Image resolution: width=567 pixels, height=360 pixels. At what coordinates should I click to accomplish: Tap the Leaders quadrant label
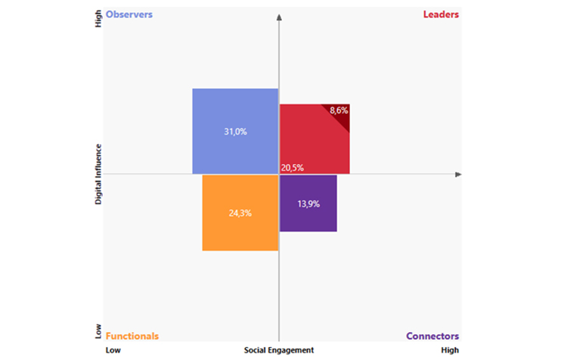tap(441, 14)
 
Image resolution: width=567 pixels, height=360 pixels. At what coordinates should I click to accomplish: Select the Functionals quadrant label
tap(132, 337)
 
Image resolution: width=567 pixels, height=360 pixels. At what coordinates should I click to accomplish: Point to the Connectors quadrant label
tap(432, 337)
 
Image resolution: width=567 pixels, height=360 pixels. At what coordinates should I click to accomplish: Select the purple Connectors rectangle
tap(308, 216)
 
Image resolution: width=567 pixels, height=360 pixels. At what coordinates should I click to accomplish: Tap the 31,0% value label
tap(235, 132)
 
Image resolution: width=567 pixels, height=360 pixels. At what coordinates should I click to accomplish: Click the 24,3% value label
tap(240, 213)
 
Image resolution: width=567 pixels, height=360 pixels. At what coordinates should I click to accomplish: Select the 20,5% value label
tap(293, 168)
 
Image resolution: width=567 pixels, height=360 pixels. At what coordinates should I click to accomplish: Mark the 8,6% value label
tap(339, 110)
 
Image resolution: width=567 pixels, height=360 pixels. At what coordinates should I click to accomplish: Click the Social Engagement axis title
tap(279, 350)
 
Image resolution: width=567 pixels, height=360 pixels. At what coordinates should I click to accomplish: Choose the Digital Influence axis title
tap(98, 176)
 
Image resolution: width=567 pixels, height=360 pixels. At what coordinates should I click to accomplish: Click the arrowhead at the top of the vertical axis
tap(280, 17)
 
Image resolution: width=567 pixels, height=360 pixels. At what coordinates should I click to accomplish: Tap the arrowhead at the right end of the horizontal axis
tap(457, 175)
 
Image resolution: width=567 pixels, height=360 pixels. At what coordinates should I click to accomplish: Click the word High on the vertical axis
tap(98, 19)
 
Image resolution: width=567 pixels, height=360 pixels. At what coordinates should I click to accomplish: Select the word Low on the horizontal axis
tap(113, 350)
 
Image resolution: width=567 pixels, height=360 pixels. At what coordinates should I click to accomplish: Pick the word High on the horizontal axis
tap(450, 350)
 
